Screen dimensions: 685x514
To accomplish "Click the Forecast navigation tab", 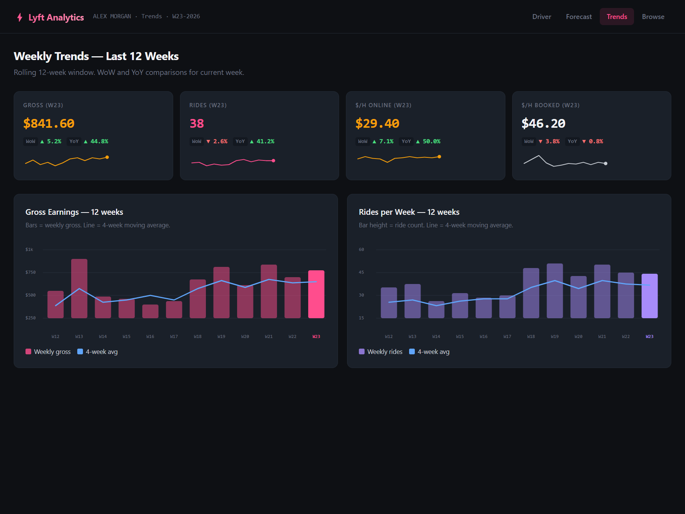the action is (x=578, y=17).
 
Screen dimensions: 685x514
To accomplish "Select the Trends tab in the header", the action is (x=616, y=17).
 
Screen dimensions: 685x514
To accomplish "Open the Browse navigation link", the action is (x=653, y=17).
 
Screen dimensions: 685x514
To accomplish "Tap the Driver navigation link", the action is (x=542, y=17).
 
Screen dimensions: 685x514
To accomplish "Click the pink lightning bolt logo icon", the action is (x=20, y=17).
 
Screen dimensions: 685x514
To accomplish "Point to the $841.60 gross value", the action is (x=49, y=123).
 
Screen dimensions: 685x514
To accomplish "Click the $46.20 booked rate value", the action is (x=543, y=123).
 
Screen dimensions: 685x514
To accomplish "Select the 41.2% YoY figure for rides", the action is (x=265, y=141).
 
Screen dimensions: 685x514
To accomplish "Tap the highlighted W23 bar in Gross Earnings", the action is (x=316, y=294).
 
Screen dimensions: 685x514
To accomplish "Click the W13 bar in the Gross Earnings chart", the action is (x=79, y=289).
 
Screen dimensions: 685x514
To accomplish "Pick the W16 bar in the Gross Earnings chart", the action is (x=150, y=311).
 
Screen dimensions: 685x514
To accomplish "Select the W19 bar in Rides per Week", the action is (x=554, y=291).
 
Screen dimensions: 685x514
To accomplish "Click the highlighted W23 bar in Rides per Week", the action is (x=650, y=296).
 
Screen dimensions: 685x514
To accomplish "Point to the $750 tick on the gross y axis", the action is (x=30, y=272).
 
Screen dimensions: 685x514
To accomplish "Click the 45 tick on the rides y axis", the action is (x=361, y=272).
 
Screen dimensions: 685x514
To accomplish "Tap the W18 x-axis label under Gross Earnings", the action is (x=198, y=336).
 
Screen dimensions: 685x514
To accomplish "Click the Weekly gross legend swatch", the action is (x=28, y=352).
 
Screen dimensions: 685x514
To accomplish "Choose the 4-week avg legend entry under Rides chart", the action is (x=429, y=352).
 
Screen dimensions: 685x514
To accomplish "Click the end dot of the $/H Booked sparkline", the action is (x=605, y=163).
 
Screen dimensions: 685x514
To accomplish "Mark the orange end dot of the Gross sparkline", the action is (x=107, y=157).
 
